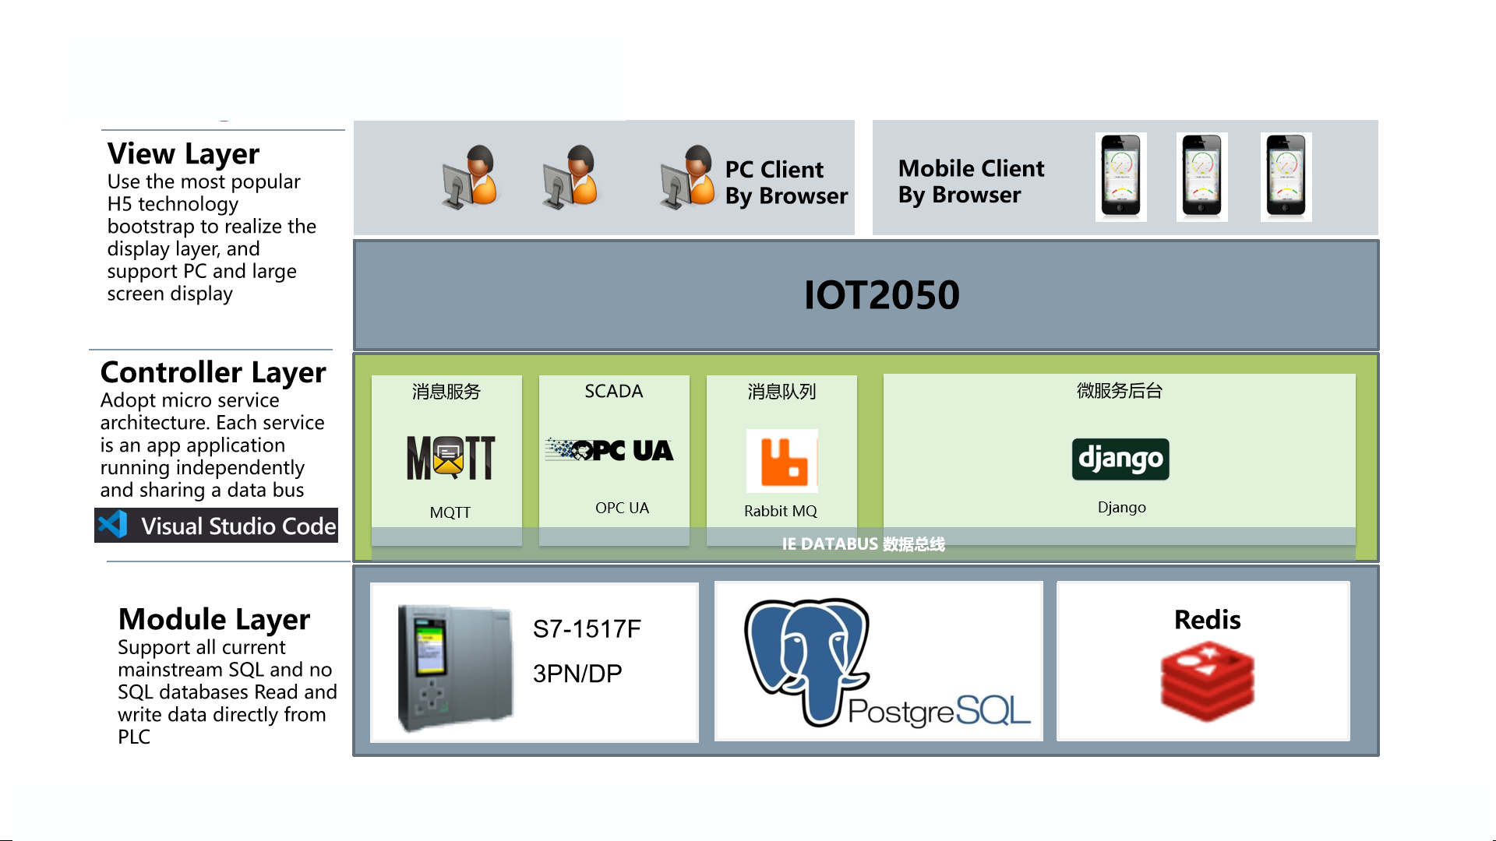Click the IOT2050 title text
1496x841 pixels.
[x=881, y=295]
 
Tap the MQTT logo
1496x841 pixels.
[x=450, y=457]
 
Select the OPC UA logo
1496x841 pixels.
[x=609, y=450]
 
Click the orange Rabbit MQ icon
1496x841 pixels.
[x=782, y=461]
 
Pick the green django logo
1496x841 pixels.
[x=1120, y=459]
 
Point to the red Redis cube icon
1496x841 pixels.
[x=1207, y=681]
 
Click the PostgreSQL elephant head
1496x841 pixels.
[x=807, y=654]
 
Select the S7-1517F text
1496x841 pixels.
[x=587, y=628]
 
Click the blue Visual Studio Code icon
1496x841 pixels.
[x=113, y=525]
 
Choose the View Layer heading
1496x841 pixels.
[x=183, y=153]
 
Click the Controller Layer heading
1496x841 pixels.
[x=213, y=372]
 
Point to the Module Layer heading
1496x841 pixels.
[x=213, y=619]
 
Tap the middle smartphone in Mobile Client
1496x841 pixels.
[x=1201, y=177]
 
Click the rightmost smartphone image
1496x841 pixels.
[x=1286, y=177]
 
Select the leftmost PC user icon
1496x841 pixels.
[x=470, y=177]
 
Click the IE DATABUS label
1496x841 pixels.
[x=863, y=544]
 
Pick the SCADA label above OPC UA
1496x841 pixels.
[x=613, y=391]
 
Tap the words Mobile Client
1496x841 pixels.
[x=971, y=168]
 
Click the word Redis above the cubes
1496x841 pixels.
[x=1207, y=619]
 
